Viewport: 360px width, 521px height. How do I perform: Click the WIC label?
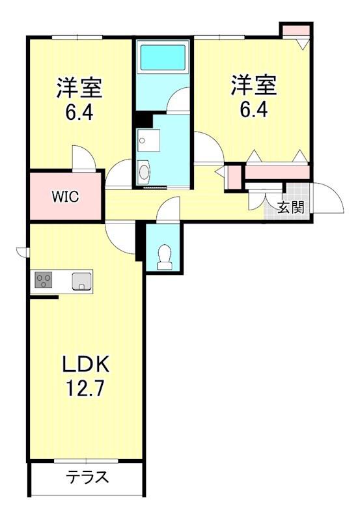[65, 197]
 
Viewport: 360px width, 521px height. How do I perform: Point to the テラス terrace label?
[87, 477]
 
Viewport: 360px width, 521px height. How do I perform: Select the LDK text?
[86, 365]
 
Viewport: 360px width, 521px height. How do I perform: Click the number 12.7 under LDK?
[86, 387]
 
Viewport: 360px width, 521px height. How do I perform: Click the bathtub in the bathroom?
[163, 57]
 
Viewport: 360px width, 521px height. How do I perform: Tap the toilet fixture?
[164, 257]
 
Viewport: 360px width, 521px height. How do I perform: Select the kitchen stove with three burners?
[44, 281]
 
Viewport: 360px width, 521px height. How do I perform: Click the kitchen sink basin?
[81, 281]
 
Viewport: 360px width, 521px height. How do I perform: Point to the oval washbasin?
[144, 172]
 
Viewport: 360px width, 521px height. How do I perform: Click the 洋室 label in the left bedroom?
[79, 87]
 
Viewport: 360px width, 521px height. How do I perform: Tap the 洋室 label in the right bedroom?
[254, 85]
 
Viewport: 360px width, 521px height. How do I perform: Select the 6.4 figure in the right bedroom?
[254, 109]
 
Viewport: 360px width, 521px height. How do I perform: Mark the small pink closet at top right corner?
[296, 31]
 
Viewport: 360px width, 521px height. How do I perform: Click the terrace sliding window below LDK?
[86, 461]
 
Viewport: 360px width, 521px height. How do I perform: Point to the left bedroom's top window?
[77, 37]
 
